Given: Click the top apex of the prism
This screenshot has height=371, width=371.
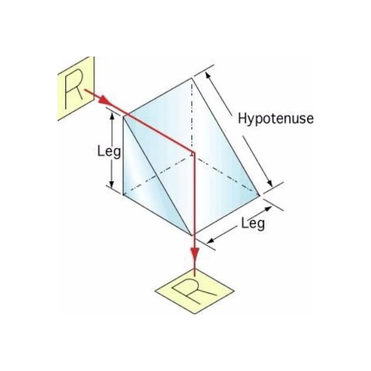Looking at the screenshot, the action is pos(191,79).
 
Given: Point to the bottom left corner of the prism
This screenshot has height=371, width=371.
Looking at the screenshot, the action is pos(123,195).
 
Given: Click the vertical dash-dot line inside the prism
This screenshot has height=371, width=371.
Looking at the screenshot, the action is pos(191,116).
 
